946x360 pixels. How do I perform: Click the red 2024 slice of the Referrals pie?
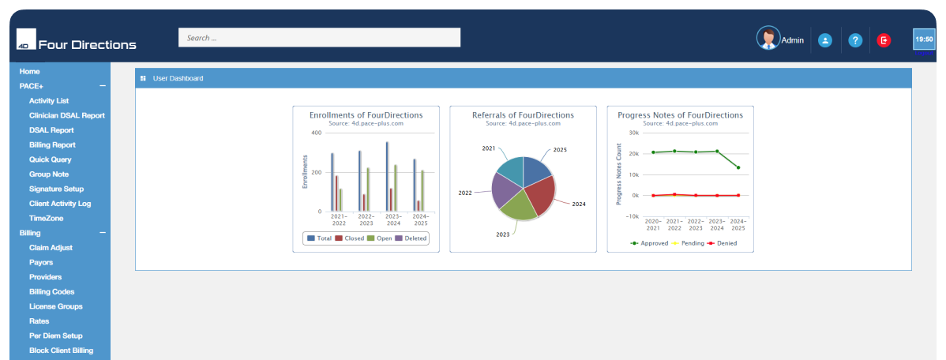(539, 193)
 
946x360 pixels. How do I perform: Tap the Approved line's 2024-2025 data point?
(738, 167)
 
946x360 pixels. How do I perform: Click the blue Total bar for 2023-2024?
(387, 176)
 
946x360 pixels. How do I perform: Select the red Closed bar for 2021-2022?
(336, 193)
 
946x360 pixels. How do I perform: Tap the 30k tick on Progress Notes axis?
(633, 133)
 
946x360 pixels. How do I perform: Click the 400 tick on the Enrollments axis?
(316, 133)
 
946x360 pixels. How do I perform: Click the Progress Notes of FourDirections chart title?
(680, 115)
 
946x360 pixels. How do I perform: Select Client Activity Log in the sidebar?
(60, 204)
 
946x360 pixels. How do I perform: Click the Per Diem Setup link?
(56, 336)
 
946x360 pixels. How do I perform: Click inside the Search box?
(319, 38)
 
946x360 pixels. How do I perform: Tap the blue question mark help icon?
(854, 39)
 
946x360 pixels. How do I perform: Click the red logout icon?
(884, 39)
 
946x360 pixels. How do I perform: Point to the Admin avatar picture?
(768, 38)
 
